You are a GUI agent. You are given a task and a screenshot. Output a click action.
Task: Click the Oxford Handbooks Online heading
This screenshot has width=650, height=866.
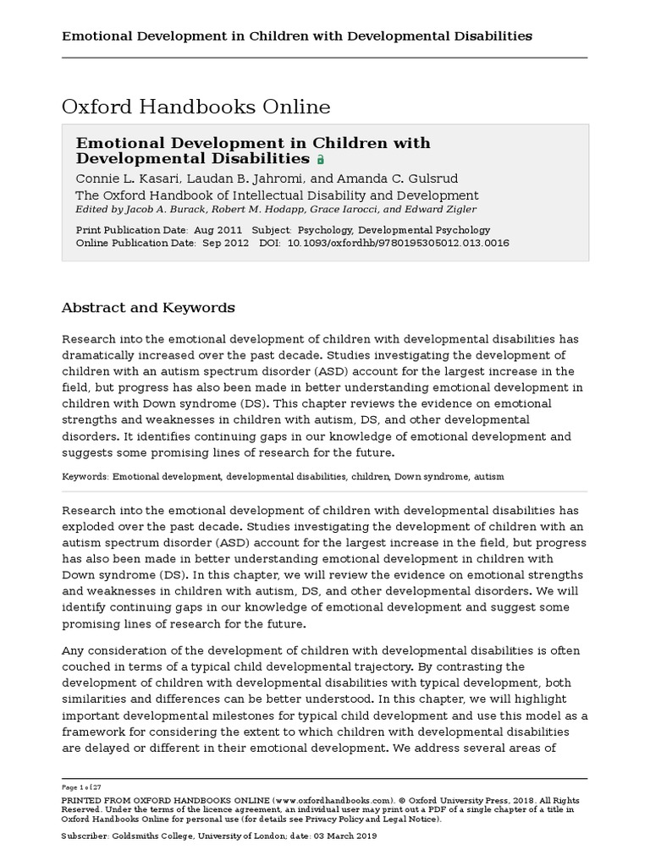click(x=196, y=107)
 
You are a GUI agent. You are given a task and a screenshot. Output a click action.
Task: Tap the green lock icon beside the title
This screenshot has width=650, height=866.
click(x=320, y=159)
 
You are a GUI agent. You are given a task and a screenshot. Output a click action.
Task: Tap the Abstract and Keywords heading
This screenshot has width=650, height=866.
click(x=148, y=308)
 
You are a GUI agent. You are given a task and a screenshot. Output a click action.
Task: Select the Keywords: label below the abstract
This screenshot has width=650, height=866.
click(x=85, y=477)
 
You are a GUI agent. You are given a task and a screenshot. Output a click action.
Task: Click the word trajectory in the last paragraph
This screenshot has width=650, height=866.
click(x=343, y=666)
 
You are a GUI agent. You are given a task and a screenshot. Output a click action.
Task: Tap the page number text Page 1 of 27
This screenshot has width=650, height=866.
click(x=81, y=787)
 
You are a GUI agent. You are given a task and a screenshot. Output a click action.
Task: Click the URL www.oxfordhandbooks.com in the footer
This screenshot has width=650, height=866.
click(x=334, y=799)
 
